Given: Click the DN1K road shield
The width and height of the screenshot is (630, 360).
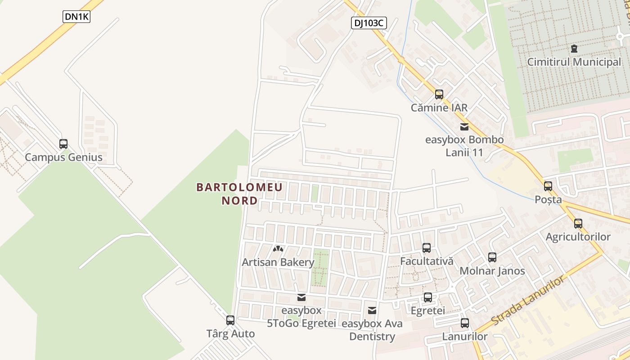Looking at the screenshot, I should click(76, 17).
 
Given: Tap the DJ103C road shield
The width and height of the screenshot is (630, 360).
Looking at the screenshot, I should click(369, 23).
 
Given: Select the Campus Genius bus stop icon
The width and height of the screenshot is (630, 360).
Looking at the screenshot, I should click(63, 144).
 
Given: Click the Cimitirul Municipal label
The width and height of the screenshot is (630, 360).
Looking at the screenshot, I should click(574, 62).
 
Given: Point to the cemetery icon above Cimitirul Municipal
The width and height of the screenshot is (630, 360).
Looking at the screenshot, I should click(574, 48).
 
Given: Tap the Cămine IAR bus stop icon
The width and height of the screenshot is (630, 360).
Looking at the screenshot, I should click(439, 94).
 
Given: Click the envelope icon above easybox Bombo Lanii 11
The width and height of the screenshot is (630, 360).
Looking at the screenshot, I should click(464, 127).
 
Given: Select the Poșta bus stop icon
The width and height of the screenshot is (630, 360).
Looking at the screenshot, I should click(548, 186).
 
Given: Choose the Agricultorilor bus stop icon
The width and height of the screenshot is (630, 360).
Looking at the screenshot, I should click(578, 223).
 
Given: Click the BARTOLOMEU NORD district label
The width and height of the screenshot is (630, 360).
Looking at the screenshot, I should click(239, 193).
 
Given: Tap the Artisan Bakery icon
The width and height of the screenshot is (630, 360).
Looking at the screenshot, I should click(278, 248).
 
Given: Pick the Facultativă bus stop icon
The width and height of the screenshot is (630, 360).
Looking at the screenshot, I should click(427, 247).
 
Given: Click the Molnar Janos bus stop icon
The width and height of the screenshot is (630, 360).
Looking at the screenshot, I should click(492, 257).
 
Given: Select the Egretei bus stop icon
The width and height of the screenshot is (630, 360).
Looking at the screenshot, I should click(428, 297).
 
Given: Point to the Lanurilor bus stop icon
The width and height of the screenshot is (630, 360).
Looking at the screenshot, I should click(465, 323).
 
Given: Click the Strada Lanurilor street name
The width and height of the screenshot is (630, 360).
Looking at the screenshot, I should click(527, 301).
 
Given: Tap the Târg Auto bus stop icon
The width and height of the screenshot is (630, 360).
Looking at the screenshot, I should click(230, 320).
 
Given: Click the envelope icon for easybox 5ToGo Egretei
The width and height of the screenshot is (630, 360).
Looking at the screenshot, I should click(301, 297).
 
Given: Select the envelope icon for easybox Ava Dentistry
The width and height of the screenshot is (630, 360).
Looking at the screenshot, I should click(372, 310).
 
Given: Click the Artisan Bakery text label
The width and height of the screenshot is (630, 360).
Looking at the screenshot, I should click(278, 262).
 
